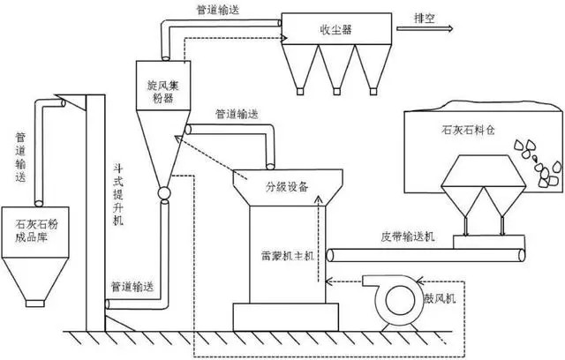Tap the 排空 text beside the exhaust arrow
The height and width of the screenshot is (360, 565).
pyautogui.click(x=411, y=17)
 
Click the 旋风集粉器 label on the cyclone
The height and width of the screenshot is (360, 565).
pyautogui.click(x=159, y=91)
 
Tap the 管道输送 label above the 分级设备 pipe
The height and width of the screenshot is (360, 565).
pyautogui.click(x=239, y=114)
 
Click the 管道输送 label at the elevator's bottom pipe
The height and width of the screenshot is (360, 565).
pyautogui.click(x=136, y=286)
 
